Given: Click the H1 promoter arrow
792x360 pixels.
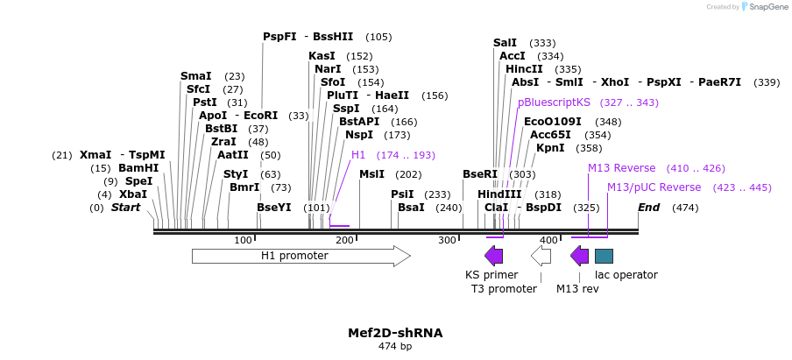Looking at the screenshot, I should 301,256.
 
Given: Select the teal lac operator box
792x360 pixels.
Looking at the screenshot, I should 604,256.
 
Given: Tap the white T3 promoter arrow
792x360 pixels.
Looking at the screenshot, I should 541,256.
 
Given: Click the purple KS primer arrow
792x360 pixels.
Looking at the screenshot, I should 494,256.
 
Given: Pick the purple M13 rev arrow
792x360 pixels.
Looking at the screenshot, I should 579,256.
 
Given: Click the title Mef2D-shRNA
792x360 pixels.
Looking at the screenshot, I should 395,333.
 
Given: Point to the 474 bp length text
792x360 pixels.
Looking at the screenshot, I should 395,347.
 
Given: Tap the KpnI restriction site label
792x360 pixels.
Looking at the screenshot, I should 550,148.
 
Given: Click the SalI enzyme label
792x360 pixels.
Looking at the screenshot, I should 505,42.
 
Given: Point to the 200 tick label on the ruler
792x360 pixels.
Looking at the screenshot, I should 344,240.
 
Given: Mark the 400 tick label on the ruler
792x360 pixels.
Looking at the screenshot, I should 548,240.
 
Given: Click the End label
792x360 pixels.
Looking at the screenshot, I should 649,208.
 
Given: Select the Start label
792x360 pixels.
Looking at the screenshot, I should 125,208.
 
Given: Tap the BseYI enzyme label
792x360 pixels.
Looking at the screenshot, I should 274,208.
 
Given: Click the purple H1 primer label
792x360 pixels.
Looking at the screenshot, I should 358,155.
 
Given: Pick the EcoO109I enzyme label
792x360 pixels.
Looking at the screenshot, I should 553,122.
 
